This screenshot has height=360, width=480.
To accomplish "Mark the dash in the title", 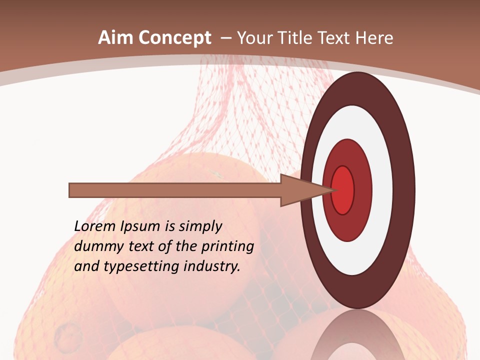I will (x=225, y=38).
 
